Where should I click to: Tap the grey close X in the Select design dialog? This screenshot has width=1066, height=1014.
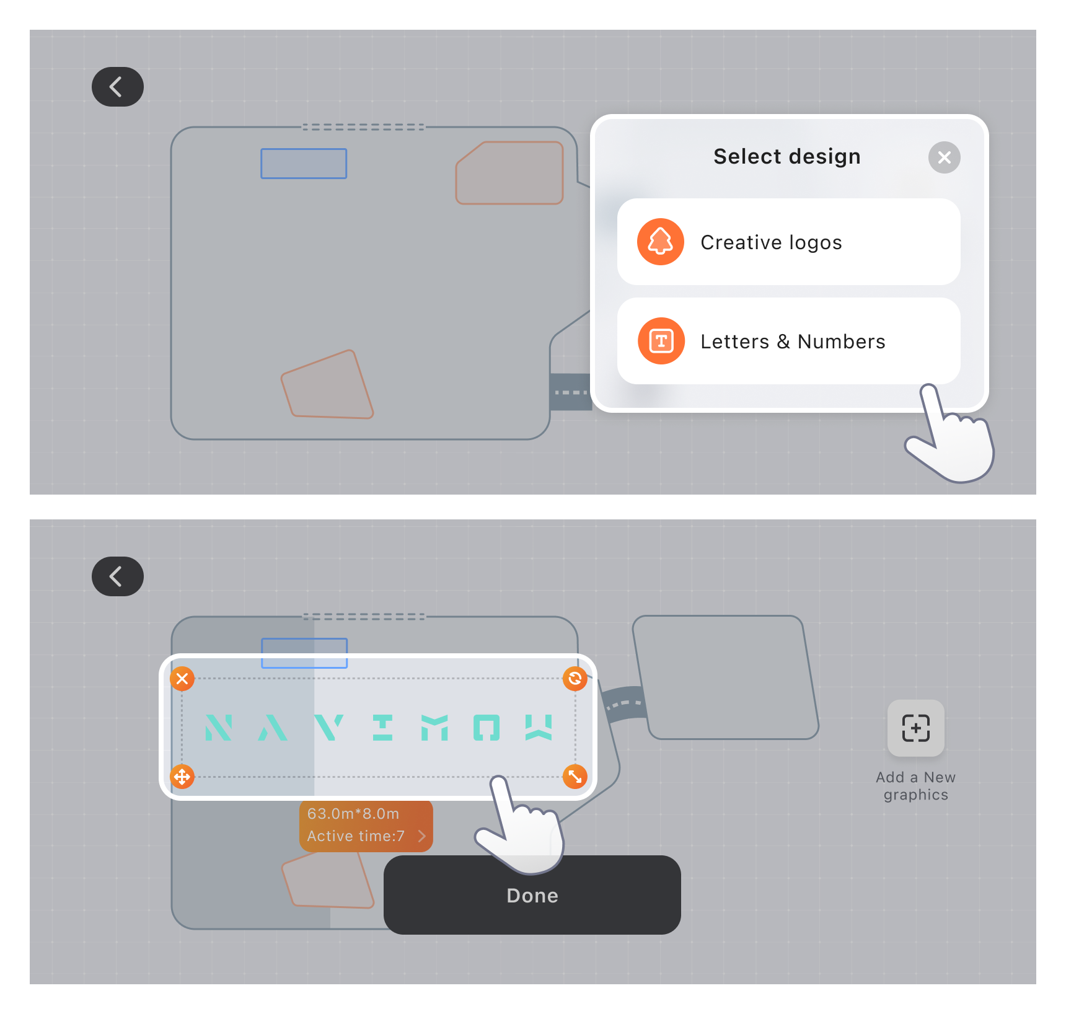point(944,157)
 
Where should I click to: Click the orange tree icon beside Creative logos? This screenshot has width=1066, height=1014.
point(661,242)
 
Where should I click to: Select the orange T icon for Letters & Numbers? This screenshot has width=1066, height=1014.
point(661,341)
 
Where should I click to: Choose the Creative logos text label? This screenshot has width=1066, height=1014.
point(771,242)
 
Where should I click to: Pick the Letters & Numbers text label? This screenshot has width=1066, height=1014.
point(793,342)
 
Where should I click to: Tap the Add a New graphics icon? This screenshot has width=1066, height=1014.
point(915,728)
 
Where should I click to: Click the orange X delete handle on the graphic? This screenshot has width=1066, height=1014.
point(182,679)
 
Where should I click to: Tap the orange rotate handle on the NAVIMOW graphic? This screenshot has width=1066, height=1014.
point(575,679)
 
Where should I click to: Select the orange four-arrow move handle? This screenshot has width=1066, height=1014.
point(182,776)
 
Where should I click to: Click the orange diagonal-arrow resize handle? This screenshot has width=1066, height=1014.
point(575,776)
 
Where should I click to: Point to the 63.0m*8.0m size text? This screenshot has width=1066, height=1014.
point(353,814)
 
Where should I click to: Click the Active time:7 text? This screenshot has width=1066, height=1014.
point(356,836)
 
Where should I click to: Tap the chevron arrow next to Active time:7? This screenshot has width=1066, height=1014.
point(422,836)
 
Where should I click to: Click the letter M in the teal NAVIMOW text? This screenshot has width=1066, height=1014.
point(434,728)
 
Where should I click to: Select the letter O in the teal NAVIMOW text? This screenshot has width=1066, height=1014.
point(487,728)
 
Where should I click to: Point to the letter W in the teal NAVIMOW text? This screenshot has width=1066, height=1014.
point(539,728)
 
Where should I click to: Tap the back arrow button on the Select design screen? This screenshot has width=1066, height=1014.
point(117,87)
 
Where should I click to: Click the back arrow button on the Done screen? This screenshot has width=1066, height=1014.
point(117,576)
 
